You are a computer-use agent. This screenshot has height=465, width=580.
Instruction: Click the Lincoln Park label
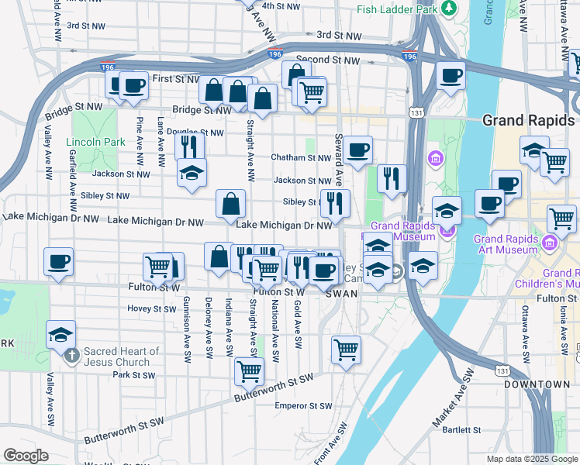click(95, 142)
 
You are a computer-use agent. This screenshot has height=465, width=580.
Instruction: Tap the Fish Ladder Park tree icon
click(449, 9)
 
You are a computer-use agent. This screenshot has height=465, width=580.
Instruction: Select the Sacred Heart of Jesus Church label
click(122, 356)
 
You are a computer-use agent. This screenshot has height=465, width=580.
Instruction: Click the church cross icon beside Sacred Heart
click(71, 356)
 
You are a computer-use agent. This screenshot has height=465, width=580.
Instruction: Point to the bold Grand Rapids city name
click(528, 121)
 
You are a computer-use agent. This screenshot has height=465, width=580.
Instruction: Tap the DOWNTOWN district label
click(537, 384)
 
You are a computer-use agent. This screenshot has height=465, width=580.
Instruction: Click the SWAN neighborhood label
click(341, 294)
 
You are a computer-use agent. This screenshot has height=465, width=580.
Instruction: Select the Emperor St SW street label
click(303, 405)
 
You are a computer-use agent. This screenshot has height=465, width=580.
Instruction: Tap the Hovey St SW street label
click(153, 308)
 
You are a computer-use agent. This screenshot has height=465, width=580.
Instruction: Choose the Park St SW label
click(133, 375)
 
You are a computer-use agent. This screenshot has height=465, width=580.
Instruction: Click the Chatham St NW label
click(301, 157)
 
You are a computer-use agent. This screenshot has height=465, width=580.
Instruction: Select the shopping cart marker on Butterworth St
click(248, 371)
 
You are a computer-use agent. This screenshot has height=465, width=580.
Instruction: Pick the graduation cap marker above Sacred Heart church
click(60, 334)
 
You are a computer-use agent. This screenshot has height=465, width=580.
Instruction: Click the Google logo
click(26, 456)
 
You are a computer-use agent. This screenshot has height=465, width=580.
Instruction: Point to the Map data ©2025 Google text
click(532, 459)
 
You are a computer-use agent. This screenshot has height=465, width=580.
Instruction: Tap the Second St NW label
click(329, 60)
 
